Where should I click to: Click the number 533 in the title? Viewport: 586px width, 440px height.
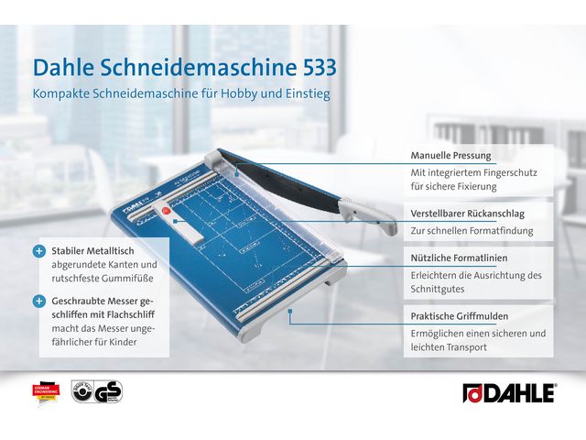tap(309, 68)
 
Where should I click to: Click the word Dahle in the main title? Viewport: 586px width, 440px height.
tap(64, 68)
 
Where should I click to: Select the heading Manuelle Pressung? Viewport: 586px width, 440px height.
tap(450, 156)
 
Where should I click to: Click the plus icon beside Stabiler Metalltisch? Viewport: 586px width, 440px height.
tap(39, 250)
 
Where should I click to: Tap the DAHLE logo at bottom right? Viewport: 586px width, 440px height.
tap(508, 392)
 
